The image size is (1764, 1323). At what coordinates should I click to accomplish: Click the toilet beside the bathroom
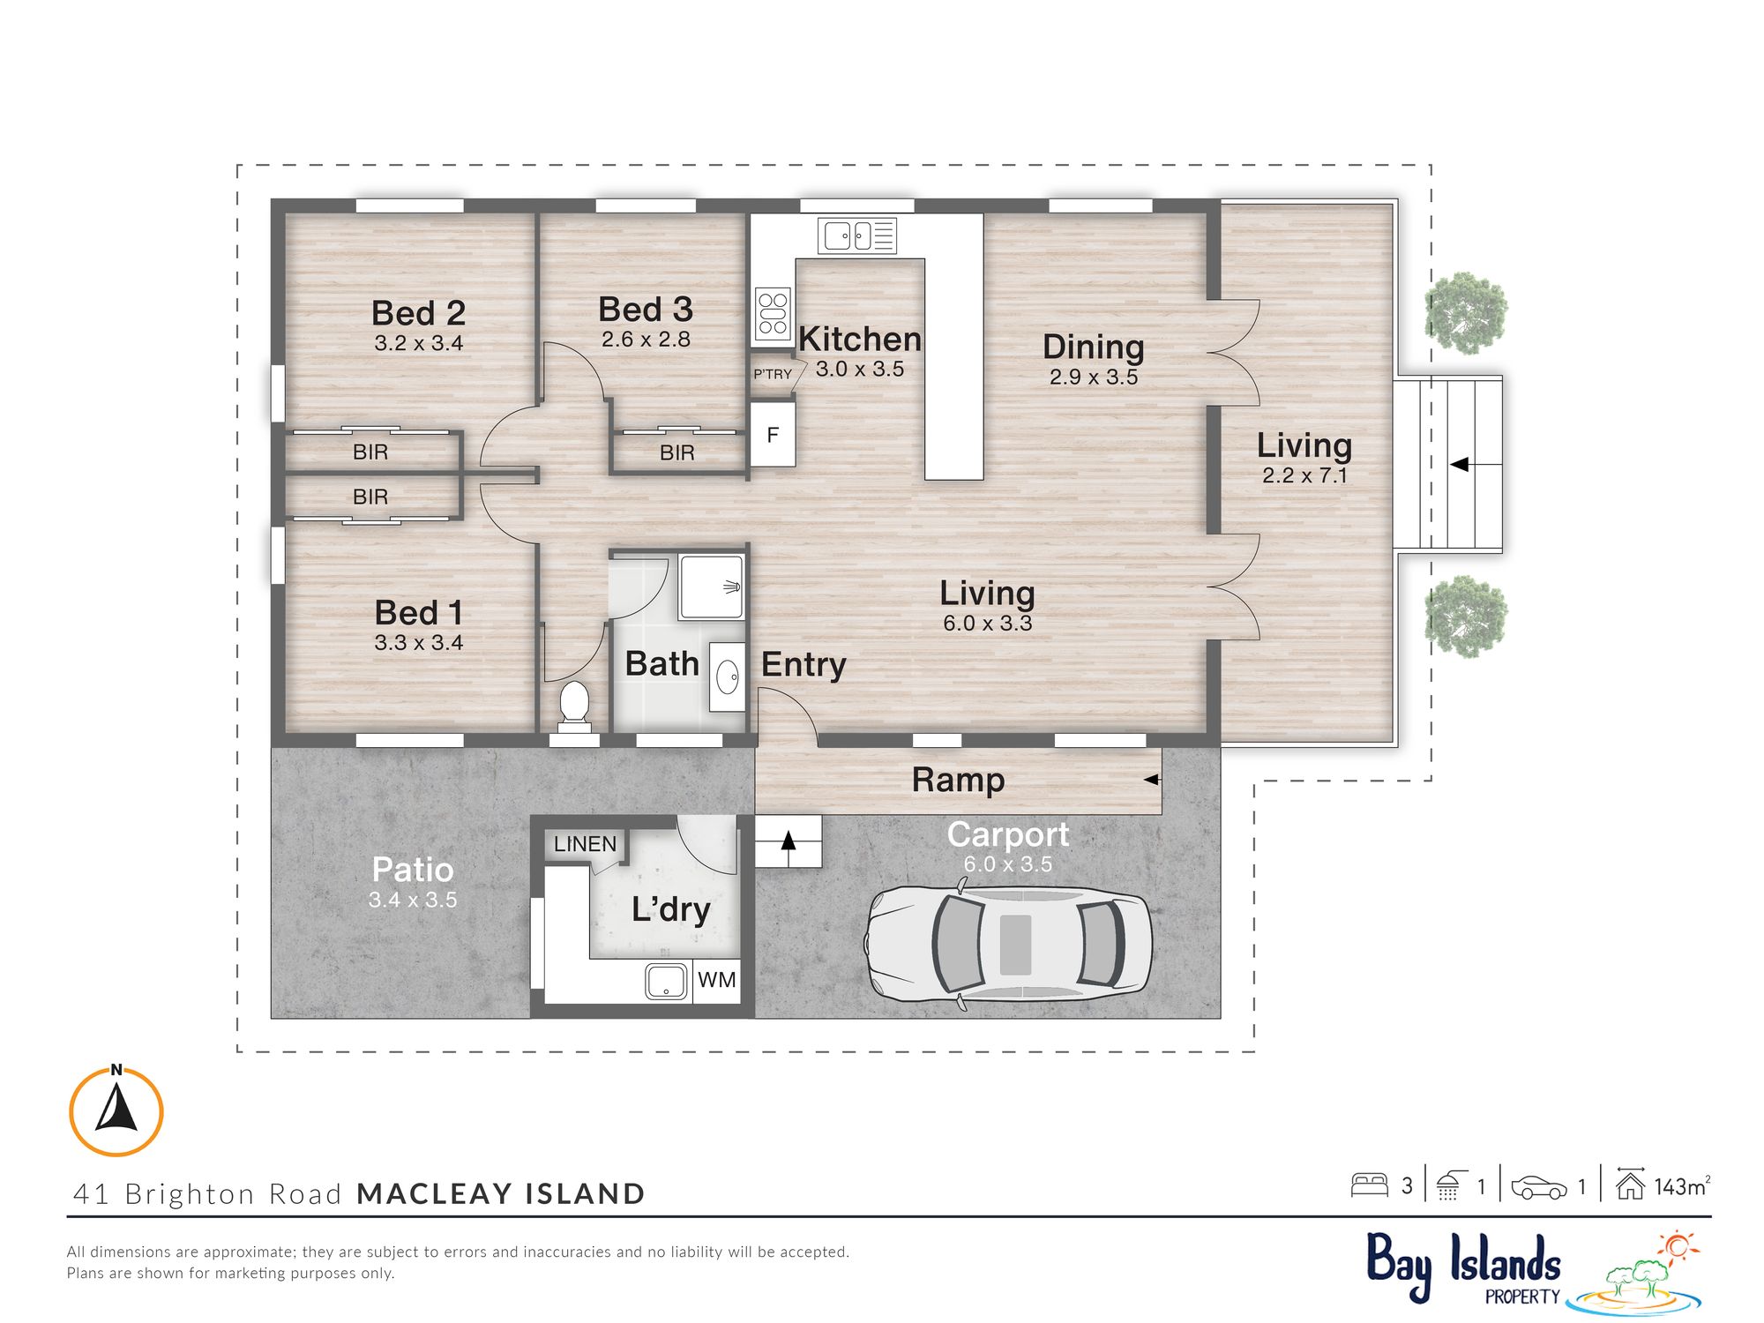point(574,706)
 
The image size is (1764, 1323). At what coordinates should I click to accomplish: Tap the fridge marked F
point(773,434)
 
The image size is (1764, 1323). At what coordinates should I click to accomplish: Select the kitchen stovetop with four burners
point(773,314)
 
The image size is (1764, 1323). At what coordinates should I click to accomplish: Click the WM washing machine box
point(716,980)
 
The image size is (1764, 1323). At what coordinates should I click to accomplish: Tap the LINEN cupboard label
point(585,844)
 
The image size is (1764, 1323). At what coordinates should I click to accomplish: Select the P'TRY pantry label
point(773,374)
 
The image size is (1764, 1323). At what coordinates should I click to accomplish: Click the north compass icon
point(116,1110)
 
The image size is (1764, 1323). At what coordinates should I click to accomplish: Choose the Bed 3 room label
point(646,310)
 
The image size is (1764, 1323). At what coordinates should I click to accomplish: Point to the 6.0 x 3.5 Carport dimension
point(1007,863)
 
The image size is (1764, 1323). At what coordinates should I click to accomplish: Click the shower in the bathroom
point(711,587)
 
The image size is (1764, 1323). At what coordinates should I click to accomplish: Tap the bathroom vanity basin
point(728,676)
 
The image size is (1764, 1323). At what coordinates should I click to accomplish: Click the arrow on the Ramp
point(1152,780)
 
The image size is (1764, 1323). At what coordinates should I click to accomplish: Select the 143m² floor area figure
point(1682,1186)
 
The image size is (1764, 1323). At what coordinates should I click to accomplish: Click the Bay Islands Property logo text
point(1464,1266)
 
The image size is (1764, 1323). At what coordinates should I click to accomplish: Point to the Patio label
point(413,870)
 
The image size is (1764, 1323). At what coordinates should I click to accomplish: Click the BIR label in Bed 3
point(676,452)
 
